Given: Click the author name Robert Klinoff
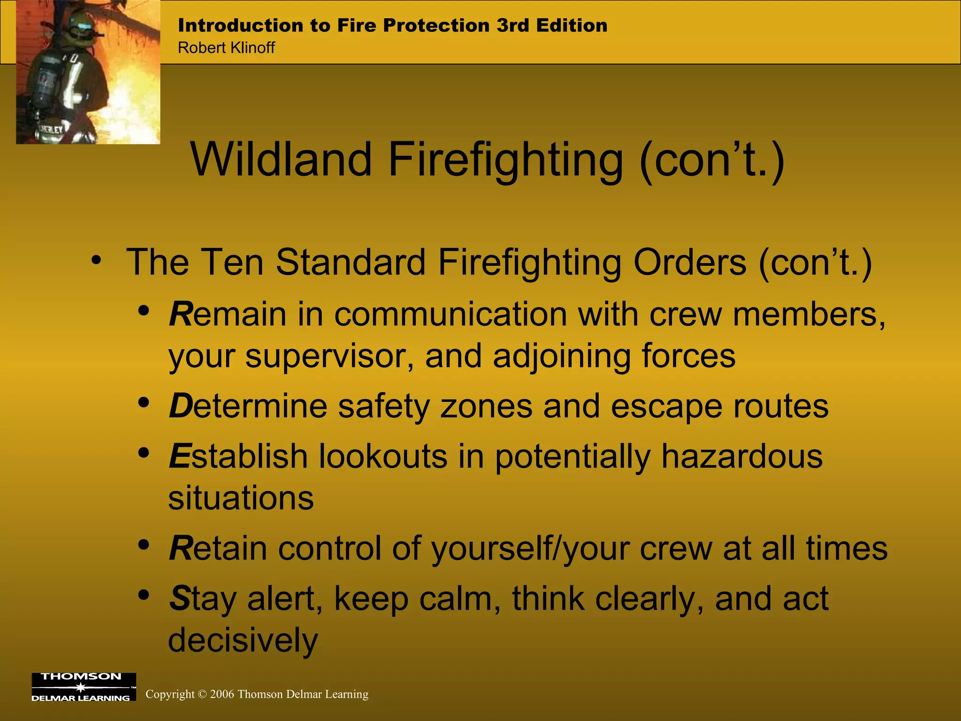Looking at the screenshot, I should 226,48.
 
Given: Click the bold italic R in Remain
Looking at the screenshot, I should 181,314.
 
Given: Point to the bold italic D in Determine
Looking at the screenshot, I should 181,406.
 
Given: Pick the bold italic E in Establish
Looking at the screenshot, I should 180,456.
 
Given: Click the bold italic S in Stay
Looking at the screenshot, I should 179,598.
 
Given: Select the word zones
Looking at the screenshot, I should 486,406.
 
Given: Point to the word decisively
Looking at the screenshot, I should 243,640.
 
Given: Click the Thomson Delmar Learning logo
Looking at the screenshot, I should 84,687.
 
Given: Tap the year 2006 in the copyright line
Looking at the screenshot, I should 222,694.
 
